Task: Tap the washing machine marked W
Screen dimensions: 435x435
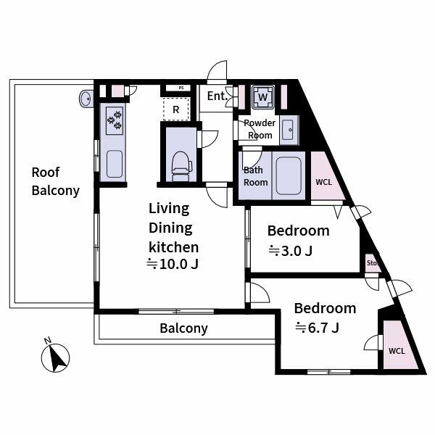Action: (262, 96)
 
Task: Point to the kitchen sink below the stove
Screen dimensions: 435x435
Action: (115, 164)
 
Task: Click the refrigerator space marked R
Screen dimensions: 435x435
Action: (176, 109)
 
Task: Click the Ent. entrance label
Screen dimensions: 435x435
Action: (216, 96)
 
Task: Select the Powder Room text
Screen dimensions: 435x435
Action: (260, 129)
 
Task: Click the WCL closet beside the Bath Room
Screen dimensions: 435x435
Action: (323, 181)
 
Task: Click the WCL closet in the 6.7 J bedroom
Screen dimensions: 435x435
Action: (397, 350)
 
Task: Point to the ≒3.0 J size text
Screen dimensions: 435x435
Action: (290, 252)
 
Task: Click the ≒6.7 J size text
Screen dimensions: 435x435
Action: (317, 328)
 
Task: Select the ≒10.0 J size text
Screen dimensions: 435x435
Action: (173, 264)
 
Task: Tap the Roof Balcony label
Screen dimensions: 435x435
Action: (55, 182)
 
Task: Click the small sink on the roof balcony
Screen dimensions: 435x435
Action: (86, 98)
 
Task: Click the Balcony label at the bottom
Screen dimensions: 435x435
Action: (183, 328)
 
